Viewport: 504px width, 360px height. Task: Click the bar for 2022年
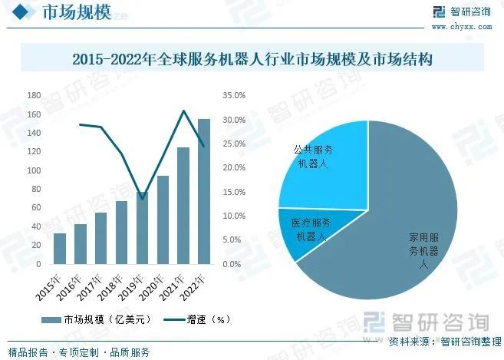(x=204, y=191)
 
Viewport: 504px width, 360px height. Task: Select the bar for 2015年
(x=59, y=248)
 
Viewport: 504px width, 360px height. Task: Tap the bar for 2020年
(x=163, y=220)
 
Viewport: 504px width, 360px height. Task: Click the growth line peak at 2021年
(x=183, y=111)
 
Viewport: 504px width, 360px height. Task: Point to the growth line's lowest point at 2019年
(x=142, y=199)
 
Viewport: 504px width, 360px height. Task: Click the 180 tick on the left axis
(x=34, y=95)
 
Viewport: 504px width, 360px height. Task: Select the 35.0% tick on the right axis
(x=234, y=95)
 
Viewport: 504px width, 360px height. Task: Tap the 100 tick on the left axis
(x=34, y=170)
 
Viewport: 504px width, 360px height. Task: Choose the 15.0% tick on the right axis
(x=234, y=192)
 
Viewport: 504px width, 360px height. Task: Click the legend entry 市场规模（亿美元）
(x=99, y=319)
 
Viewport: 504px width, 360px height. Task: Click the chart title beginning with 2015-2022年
(x=252, y=59)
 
